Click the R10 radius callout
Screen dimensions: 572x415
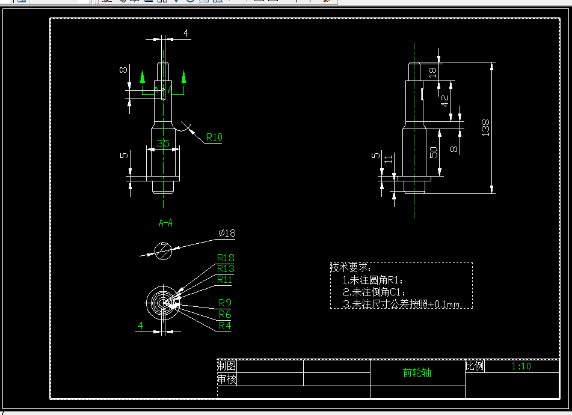(x=214, y=137)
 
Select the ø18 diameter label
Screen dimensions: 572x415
(x=227, y=233)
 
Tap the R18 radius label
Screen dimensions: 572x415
(x=226, y=258)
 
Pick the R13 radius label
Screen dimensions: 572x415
(x=226, y=268)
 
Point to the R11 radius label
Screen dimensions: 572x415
(x=224, y=279)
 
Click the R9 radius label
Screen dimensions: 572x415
(x=225, y=303)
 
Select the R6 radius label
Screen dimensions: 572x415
(x=225, y=314)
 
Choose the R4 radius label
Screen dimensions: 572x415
(x=225, y=326)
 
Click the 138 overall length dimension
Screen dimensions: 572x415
(x=485, y=127)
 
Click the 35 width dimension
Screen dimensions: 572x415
(x=163, y=144)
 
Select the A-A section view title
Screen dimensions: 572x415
(x=165, y=223)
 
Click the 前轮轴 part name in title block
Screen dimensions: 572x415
(x=417, y=372)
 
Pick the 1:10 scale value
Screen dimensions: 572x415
(x=521, y=366)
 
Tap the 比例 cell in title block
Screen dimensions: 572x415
(x=475, y=366)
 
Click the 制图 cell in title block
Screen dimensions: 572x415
(x=227, y=366)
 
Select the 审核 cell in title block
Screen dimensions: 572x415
(x=227, y=379)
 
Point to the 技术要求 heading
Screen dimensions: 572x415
(x=349, y=267)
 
